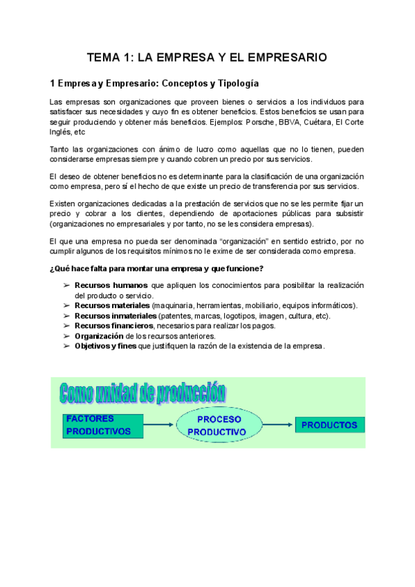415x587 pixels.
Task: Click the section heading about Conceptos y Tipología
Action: (155, 84)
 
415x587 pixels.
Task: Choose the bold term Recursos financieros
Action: (113, 325)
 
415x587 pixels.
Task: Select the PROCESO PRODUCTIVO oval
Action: (219, 426)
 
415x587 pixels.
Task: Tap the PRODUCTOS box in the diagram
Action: (329, 425)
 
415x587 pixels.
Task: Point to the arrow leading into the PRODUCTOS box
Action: (278, 426)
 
